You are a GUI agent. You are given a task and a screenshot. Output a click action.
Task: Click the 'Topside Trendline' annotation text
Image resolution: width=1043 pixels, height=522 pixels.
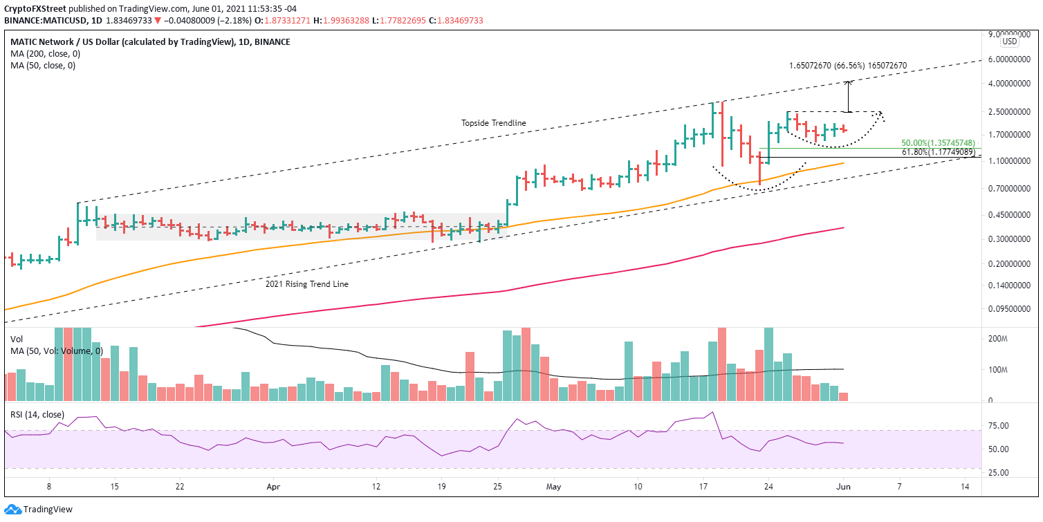point(494,123)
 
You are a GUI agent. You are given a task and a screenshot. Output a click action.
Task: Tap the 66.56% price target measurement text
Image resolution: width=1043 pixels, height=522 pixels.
point(847,66)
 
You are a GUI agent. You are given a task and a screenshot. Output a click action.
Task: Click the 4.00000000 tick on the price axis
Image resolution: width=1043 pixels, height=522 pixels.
point(1008,84)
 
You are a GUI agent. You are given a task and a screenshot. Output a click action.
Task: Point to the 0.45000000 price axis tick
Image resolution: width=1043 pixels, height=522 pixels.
point(1008,215)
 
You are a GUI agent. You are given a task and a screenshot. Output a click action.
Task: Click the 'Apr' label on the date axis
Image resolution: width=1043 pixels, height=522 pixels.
point(273,487)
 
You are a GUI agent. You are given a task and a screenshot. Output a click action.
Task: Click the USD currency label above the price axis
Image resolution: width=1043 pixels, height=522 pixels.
point(1010,41)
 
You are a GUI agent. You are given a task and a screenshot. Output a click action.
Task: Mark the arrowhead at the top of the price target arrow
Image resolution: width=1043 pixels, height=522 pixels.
point(849,82)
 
